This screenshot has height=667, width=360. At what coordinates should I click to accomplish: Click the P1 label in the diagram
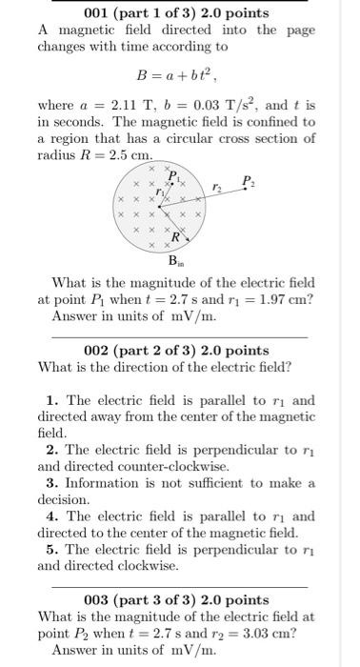(172, 176)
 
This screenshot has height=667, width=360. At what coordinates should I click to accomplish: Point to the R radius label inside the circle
(175, 236)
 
